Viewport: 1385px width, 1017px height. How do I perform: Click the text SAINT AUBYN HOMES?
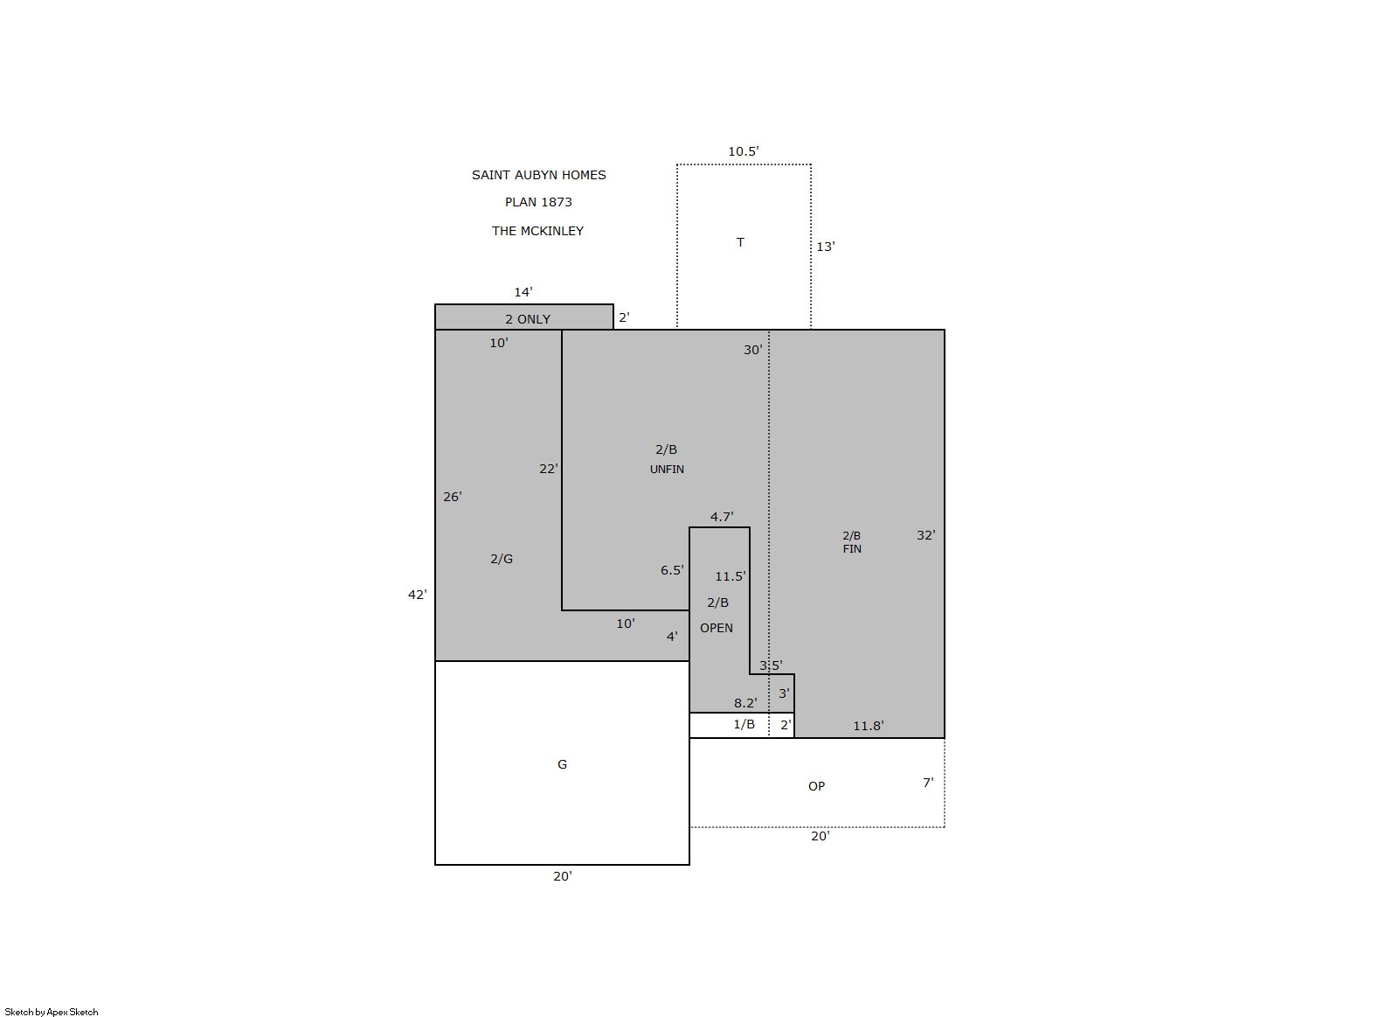[538, 175]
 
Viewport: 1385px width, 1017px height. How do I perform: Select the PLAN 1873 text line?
[538, 202]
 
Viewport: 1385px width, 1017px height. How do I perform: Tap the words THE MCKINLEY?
[537, 231]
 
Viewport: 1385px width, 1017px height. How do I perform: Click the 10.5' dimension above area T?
[743, 151]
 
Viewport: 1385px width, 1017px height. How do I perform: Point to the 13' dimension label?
[825, 247]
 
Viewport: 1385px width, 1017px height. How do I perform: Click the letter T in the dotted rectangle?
[740, 242]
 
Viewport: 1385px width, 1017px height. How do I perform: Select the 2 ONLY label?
[528, 319]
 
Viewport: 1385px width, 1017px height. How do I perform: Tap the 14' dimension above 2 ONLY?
[523, 292]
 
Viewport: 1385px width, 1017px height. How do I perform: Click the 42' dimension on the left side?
[417, 595]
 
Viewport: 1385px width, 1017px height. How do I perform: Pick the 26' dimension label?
[452, 497]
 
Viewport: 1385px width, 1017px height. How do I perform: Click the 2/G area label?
[501, 559]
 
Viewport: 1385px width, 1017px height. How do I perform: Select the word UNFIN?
[667, 470]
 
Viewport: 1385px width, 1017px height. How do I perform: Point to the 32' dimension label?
[925, 535]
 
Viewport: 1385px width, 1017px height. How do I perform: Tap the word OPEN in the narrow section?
[717, 628]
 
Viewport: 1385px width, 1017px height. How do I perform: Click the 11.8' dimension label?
[868, 726]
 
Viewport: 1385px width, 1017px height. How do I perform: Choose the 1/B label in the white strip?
[744, 724]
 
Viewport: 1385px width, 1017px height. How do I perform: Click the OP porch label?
[816, 786]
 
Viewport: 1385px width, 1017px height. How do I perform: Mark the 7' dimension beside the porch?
[928, 783]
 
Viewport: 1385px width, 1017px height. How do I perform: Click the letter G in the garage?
[562, 764]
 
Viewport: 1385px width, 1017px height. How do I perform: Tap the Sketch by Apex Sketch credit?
[52, 1012]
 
